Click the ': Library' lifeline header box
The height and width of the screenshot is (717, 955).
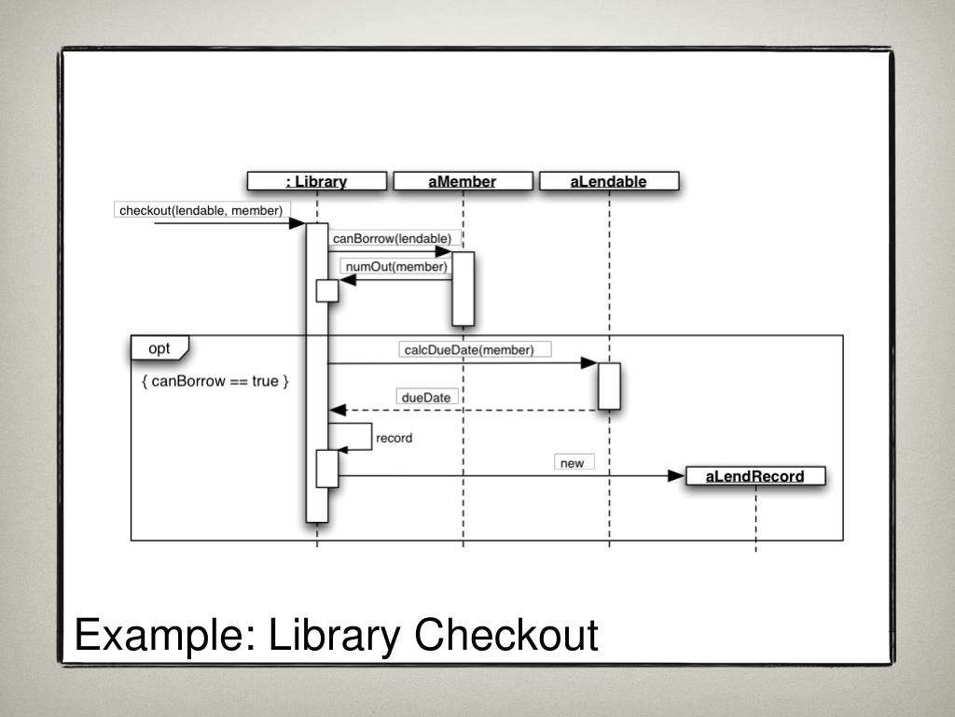[316, 181]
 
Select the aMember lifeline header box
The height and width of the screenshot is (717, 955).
[463, 181]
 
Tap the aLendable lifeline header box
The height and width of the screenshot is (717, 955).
[609, 181]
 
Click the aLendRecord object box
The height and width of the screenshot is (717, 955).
[754, 476]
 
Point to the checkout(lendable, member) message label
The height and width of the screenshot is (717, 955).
[201, 210]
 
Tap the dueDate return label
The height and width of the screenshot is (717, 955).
[426, 397]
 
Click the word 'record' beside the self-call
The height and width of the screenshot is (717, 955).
[394, 437]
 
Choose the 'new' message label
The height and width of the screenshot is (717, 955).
[572, 462]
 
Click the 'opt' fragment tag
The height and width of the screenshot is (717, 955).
[159, 349]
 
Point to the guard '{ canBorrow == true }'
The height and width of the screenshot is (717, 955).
[216, 381]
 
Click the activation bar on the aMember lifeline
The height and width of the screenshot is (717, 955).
[464, 288]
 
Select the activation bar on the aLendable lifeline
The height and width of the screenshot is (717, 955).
[609, 386]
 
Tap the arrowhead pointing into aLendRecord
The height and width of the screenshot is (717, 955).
[677, 476]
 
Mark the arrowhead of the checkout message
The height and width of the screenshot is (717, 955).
[298, 223]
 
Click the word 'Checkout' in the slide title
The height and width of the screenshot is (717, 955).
[506, 635]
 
